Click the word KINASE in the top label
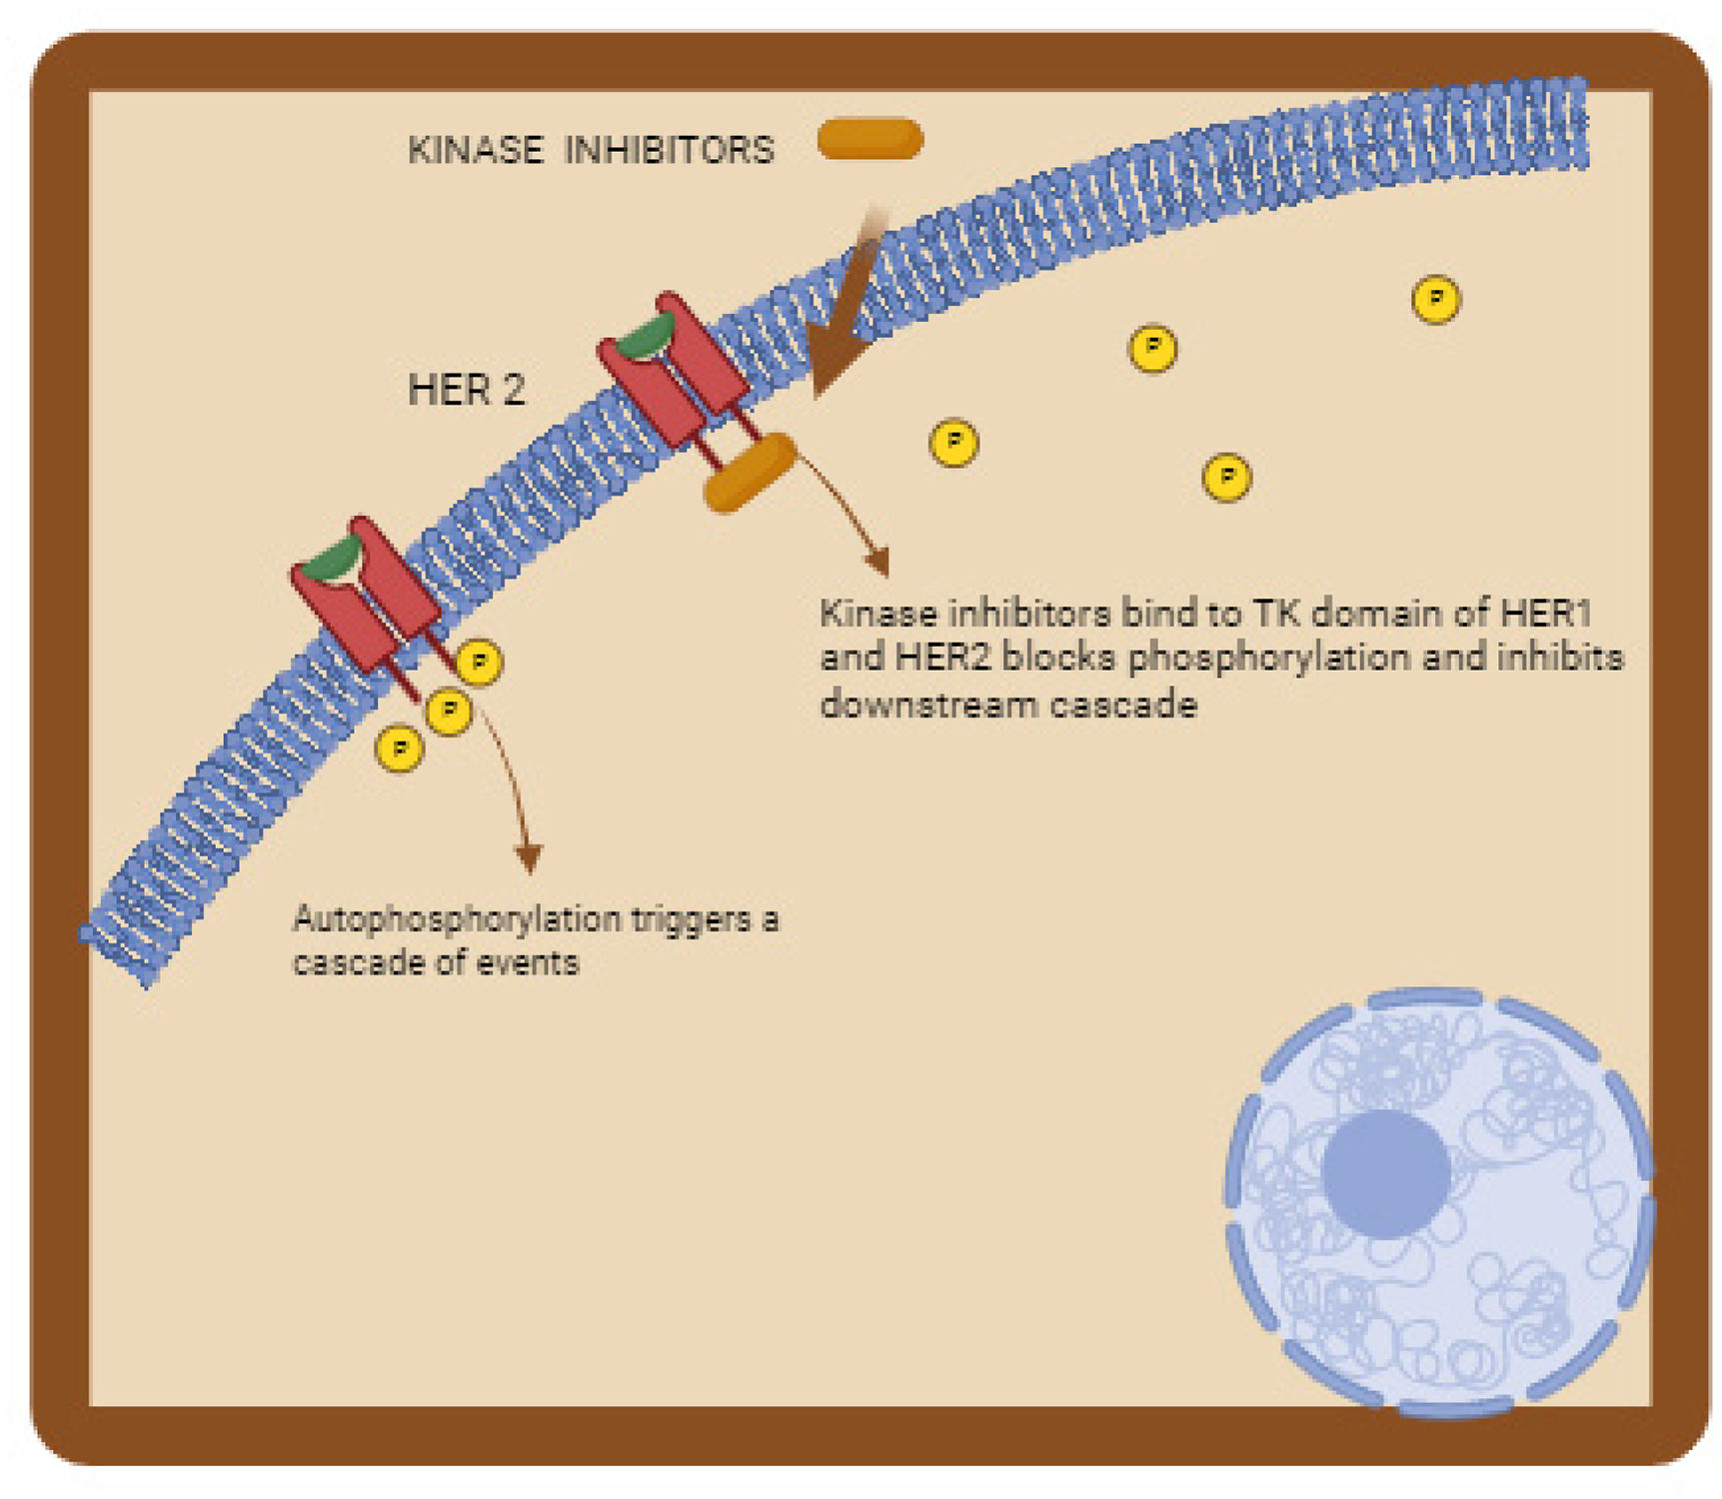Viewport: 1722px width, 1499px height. pos(476,150)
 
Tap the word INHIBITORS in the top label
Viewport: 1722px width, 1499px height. pos(669,150)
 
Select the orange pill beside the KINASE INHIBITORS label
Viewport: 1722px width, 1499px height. pos(869,139)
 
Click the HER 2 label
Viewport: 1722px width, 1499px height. pos(466,390)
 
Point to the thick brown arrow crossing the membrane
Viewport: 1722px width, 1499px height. pos(845,310)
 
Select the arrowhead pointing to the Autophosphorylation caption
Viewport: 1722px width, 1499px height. pos(528,856)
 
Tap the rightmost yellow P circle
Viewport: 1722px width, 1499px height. pos(1435,299)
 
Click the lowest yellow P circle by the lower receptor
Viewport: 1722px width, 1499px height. pos(400,748)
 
